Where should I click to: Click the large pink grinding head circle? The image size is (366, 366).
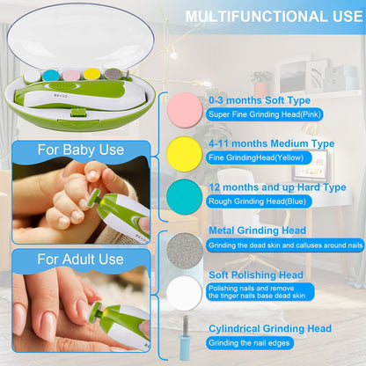[185, 110]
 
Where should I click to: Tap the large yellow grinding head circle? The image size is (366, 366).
[185, 154]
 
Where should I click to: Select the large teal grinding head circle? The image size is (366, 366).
[185, 197]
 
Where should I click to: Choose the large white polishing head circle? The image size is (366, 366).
[185, 293]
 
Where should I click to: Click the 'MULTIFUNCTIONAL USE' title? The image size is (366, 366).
[274, 17]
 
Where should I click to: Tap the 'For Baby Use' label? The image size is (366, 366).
[81, 150]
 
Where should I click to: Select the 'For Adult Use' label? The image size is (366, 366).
[80, 260]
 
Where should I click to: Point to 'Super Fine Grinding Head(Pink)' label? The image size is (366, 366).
[265, 114]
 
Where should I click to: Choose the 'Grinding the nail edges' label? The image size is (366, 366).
[249, 343]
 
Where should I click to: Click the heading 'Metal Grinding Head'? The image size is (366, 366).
[257, 231]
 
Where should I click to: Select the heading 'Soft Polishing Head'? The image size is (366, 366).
[256, 275]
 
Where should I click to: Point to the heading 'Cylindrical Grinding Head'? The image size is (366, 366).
[270, 328]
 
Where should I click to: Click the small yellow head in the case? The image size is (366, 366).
[91, 75]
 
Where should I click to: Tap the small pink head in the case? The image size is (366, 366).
[71, 76]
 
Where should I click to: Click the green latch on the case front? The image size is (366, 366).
[78, 113]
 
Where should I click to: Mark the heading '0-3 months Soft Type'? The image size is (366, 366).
[260, 100]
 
